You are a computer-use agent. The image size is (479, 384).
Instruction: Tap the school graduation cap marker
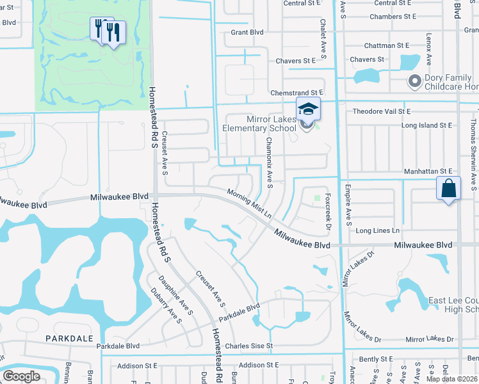(x=308, y=109)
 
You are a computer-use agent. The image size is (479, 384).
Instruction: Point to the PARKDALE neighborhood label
(x=69, y=337)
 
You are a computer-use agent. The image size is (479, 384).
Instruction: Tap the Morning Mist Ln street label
(x=249, y=202)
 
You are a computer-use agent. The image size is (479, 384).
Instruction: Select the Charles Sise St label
(x=249, y=346)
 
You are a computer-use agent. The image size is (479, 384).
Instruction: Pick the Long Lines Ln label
(x=378, y=230)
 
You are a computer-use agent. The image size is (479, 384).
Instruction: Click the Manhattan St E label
(x=428, y=172)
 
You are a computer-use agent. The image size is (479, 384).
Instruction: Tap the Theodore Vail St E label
(x=382, y=111)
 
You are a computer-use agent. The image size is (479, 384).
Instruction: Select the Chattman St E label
(x=386, y=45)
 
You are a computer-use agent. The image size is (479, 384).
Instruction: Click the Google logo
(x=22, y=376)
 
